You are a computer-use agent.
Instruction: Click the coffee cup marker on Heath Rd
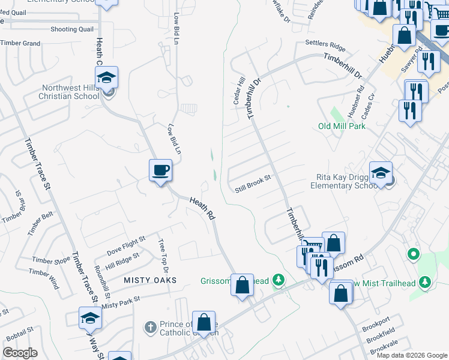tap(160, 170)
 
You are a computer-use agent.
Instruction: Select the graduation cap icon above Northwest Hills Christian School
tap(106, 77)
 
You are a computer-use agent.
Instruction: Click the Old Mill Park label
tap(342, 126)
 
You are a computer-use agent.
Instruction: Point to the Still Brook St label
tap(253, 188)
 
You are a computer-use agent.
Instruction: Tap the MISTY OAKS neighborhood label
tap(150, 280)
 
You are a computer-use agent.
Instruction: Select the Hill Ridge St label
tap(122, 256)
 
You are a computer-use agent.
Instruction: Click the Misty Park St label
tap(121, 302)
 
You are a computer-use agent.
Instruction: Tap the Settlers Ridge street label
tap(325, 44)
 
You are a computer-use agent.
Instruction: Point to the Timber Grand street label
tap(20, 43)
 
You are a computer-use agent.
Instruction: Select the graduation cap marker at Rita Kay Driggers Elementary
tap(381, 173)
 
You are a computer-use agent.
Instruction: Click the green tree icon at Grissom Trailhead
tap(277, 280)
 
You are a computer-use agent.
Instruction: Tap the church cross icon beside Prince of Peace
tap(151, 328)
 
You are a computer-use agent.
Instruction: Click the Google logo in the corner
tap(20, 353)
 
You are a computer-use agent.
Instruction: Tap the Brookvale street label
tap(384, 350)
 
